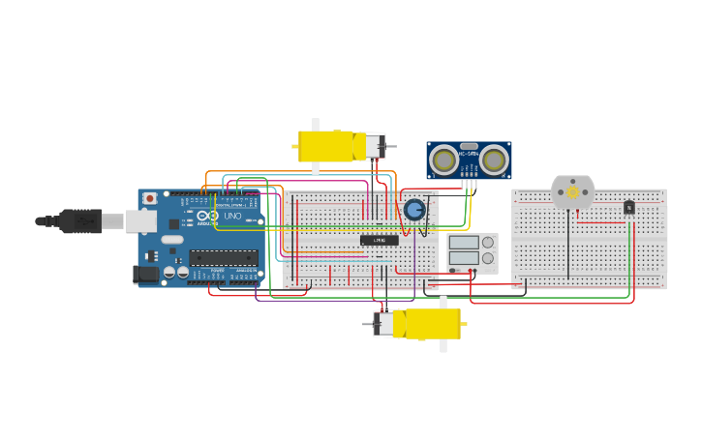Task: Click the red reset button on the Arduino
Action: click(149, 199)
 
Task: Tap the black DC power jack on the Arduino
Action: click(145, 274)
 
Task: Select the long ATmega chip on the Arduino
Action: click(224, 257)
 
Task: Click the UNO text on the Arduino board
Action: click(233, 216)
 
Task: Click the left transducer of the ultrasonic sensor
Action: click(444, 159)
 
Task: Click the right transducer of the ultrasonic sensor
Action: click(494, 159)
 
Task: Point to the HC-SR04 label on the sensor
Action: click(469, 153)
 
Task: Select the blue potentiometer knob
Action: click(414, 210)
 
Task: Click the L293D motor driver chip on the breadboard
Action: click(378, 240)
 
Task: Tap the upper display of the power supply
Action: click(464, 242)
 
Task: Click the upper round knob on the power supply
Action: click(487, 242)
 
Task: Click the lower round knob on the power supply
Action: click(487, 259)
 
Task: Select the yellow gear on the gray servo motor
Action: click(572, 192)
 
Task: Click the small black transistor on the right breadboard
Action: click(629, 206)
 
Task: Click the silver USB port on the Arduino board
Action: click(140, 221)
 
